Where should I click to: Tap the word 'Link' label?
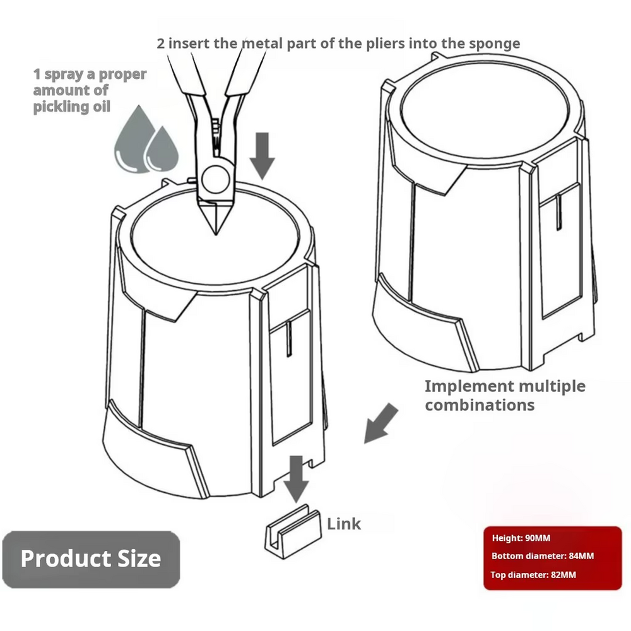point(344,524)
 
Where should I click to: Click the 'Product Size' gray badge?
point(91,559)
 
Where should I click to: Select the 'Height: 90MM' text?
point(521,538)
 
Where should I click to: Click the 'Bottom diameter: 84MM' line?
point(543,557)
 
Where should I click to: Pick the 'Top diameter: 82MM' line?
point(533,575)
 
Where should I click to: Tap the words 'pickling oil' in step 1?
point(72,107)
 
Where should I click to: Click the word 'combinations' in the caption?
point(480,404)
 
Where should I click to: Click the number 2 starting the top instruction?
point(162,44)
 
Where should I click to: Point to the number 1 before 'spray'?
point(37,74)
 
